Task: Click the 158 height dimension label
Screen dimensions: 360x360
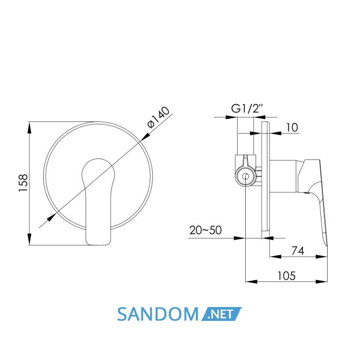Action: click(x=23, y=183)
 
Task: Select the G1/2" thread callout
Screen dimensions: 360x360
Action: click(x=247, y=109)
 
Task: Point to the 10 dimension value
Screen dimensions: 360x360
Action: click(x=292, y=128)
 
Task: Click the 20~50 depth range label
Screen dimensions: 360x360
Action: click(x=206, y=230)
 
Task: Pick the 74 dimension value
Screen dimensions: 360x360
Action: click(x=298, y=251)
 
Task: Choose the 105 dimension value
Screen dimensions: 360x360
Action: click(x=286, y=276)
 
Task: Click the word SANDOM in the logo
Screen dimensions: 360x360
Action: click(x=158, y=314)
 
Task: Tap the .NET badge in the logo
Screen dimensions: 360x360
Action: click(x=221, y=314)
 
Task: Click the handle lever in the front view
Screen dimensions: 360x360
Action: click(x=98, y=202)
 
